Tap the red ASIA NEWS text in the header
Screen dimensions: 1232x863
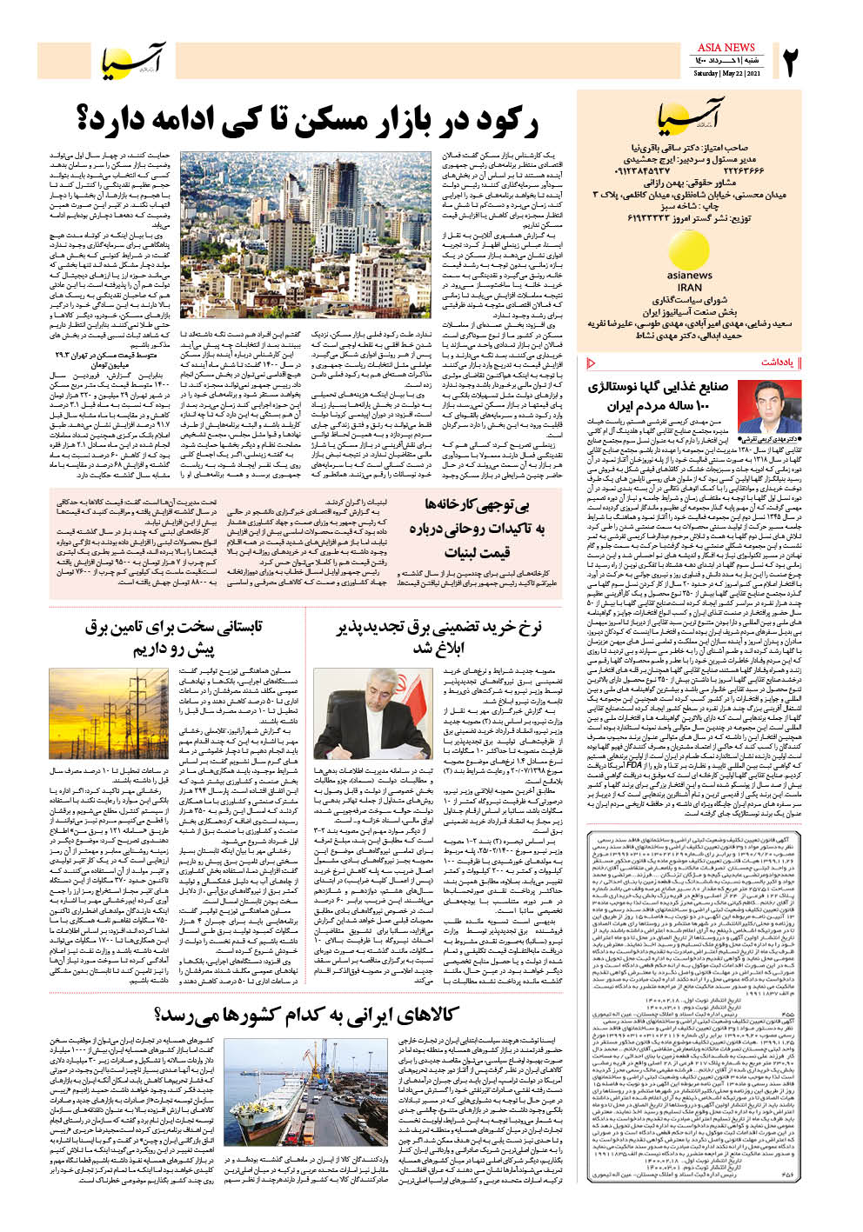pyautogui.click(x=726, y=47)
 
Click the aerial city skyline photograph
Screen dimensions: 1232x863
pyautogui.click(x=305, y=236)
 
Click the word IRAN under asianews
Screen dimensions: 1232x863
pyautogui.click(x=689, y=287)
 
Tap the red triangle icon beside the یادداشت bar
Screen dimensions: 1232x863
pyautogui.click(x=592, y=363)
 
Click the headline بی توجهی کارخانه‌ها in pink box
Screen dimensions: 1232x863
pyautogui.click(x=483, y=505)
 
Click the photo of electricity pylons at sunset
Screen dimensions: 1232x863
pyautogui.click(x=132, y=712)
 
